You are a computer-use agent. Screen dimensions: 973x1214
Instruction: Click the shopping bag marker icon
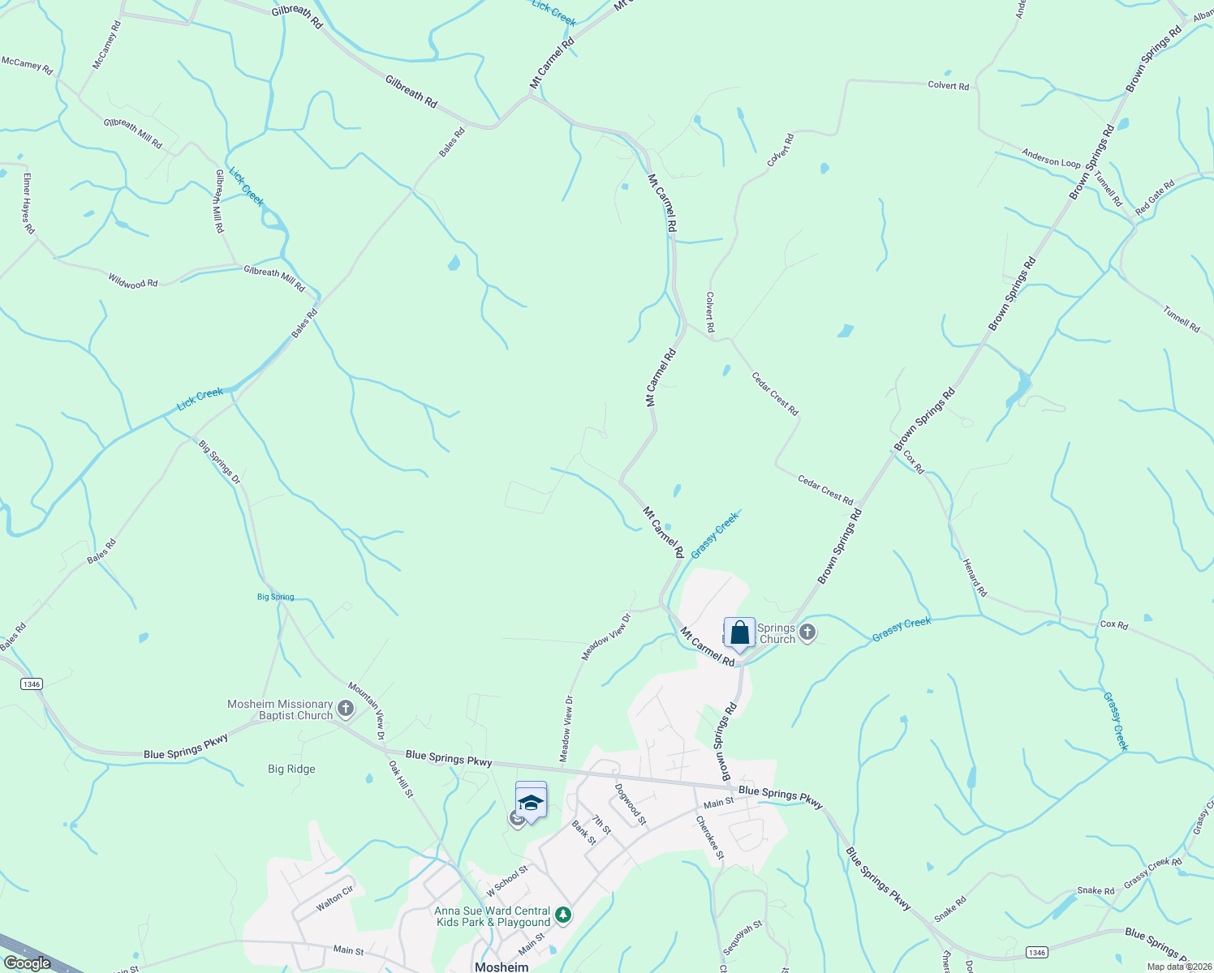point(739,632)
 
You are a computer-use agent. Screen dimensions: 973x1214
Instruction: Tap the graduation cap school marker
point(531,803)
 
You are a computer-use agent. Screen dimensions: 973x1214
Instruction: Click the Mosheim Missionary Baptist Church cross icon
point(346,710)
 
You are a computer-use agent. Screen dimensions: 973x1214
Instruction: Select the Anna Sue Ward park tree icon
point(563,916)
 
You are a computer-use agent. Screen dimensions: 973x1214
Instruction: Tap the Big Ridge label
point(291,769)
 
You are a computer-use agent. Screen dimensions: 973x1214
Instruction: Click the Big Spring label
point(275,597)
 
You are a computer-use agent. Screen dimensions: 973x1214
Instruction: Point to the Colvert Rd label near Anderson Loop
point(948,86)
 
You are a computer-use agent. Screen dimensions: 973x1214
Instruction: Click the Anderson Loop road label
point(1051,157)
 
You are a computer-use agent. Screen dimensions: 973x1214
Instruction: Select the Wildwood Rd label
point(133,281)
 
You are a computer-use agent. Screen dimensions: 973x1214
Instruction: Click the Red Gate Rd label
point(1155,198)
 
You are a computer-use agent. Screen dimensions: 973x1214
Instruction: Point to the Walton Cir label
point(335,898)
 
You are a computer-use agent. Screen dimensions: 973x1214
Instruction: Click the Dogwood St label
point(631,804)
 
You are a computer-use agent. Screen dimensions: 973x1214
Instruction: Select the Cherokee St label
point(708,838)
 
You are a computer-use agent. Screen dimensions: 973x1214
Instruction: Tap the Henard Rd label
point(975,577)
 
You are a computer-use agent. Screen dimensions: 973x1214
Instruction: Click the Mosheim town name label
point(502,967)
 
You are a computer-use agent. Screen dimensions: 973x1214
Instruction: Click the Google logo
point(27,963)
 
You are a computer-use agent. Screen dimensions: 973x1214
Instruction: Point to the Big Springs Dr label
point(220,462)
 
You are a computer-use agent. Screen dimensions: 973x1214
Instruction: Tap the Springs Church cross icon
point(807,632)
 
